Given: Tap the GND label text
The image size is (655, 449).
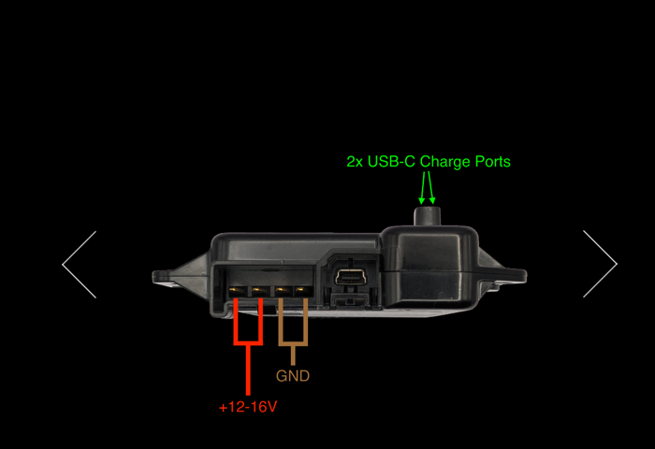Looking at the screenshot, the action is pos(293,376).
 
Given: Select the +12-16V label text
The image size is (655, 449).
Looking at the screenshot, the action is pos(248,407).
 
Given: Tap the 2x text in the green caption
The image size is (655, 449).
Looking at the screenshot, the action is pos(355,162).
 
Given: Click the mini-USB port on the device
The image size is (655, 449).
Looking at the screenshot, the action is pos(350,277).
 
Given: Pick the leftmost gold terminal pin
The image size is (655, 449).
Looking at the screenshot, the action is pos(239,290).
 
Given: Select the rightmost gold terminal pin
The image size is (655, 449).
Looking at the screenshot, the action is pos(303,290).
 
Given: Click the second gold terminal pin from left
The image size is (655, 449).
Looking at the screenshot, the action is pos(259,290).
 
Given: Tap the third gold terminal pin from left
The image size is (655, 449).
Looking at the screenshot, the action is pos(283,290).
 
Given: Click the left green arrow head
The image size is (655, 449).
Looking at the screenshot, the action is pos(421,200).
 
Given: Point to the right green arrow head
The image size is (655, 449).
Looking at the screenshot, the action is pos(432,200).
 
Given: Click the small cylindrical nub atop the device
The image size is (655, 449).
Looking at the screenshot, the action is pos(428,216).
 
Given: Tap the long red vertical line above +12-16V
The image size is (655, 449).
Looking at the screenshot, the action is pos(248,370).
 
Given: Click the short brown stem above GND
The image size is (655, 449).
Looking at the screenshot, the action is pos(293,355).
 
